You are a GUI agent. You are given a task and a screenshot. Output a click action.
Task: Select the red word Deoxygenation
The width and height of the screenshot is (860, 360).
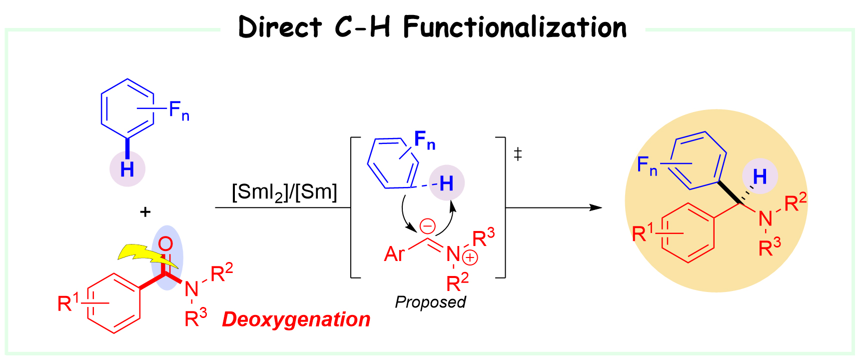tap(296, 319)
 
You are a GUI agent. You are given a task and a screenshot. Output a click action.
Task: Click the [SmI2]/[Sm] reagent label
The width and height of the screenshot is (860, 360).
tap(284, 192)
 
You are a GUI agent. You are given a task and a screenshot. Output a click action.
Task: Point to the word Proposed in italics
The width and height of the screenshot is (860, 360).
tap(430, 302)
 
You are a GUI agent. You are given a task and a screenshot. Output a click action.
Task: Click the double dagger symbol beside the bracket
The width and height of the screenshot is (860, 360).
tap(518, 154)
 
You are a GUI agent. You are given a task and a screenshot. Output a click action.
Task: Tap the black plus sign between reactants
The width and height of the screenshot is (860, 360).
tap(145, 212)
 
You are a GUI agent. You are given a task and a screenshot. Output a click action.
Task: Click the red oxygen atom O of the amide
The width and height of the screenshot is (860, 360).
tap(165, 244)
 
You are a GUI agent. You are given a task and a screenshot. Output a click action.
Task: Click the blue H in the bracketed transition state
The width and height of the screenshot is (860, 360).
tap(446, 183)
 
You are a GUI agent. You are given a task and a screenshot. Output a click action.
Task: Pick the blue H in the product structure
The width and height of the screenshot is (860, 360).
tap(760, 176)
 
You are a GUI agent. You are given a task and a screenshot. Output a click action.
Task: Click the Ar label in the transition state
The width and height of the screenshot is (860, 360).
tap(394, 254)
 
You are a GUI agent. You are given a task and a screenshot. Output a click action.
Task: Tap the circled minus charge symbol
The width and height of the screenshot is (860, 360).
tap(427, 226)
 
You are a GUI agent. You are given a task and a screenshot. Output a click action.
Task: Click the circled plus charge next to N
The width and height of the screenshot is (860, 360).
tap(470, 258)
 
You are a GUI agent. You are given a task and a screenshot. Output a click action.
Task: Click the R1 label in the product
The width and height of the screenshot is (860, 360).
tap(643, 233)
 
